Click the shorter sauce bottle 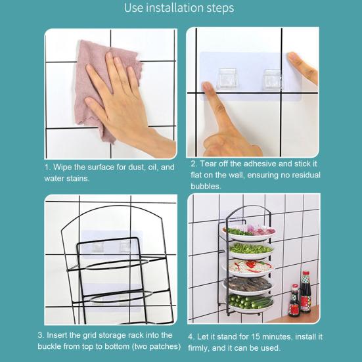[295, 302]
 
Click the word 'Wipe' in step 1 [67, 167]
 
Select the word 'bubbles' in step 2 [206, 186]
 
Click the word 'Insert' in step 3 [66, 335]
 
